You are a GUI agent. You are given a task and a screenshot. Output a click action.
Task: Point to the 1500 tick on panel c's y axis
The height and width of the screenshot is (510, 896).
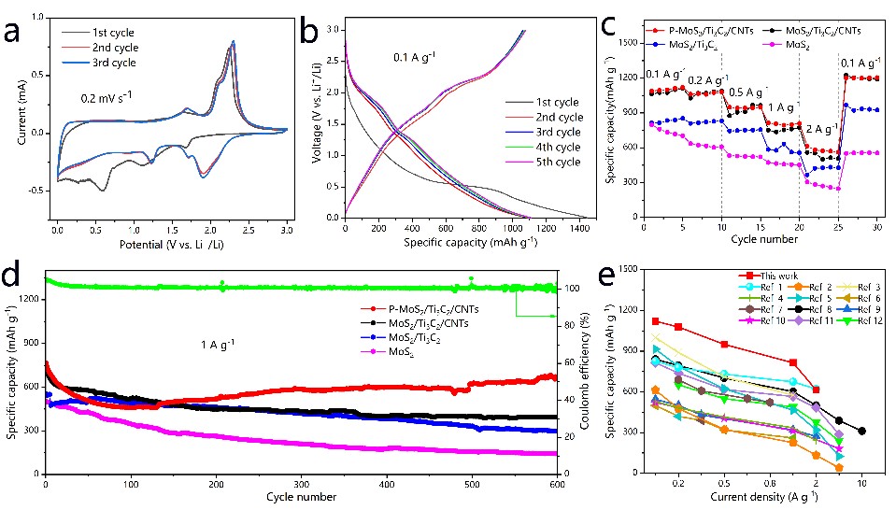point(629,43)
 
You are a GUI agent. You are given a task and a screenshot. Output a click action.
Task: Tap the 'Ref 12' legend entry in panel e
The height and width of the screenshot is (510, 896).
point(848,320)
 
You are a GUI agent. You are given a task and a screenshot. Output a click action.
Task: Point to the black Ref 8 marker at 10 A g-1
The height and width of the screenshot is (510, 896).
point(861,431)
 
